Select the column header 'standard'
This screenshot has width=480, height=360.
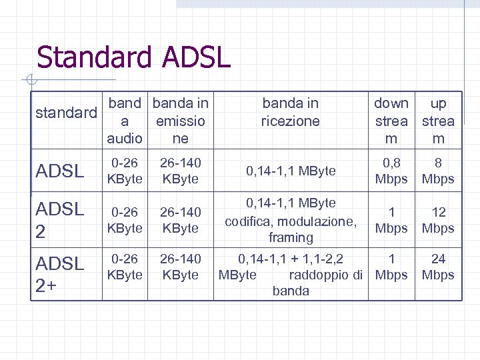click(x=66, y=113)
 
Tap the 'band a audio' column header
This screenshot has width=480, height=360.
click(x=125, y=121)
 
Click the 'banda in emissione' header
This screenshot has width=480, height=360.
click(x=180, y=121)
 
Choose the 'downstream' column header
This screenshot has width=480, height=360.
click(x=391, y=121)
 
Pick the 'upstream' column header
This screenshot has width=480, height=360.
click(x=438, y=121)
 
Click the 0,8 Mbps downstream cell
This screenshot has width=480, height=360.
click(x=391, y=171)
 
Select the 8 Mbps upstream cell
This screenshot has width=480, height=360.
click(x=438, y=171)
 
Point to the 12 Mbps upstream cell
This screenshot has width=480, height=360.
click(x=438, y=220)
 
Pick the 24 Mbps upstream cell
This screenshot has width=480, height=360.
click(x=438, y=267)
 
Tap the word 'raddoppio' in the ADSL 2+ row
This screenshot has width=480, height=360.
click(x=320, y=275)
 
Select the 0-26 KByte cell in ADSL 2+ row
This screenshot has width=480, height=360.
click(x=126, y=267)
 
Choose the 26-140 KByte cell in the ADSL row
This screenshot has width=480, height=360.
click(x=180, y=171)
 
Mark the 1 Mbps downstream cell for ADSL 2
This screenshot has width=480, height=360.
click(x=391, y=220)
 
